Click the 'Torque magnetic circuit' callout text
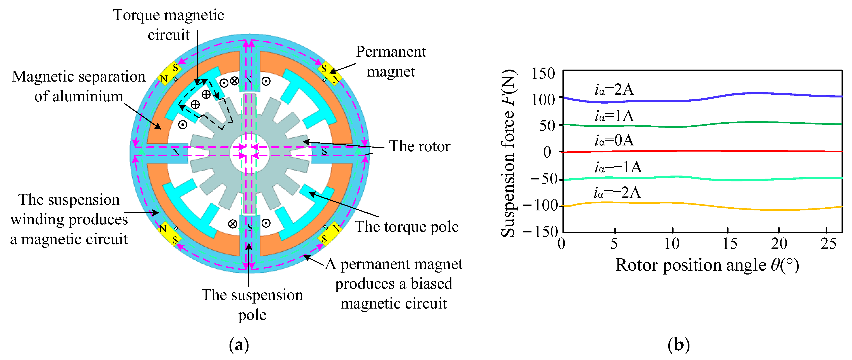pos(168,25)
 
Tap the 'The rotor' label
pos(419,146)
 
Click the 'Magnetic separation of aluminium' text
pos(79,86)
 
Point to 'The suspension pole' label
pos(252,304)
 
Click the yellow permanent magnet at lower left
pos(169,234)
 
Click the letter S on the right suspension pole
pos(324,151)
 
